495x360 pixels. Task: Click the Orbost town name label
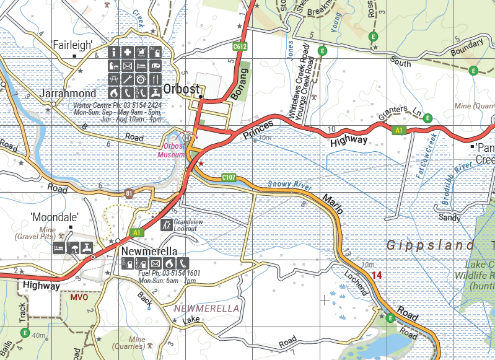pyautogui.click(x=182, y=89)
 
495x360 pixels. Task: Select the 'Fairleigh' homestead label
pyautogui.click(x=72, y=45)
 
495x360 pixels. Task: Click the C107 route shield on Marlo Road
pyautogui.click(x=229, y=178)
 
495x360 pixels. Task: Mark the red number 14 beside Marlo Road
pyautogui.click(x=376, y=274)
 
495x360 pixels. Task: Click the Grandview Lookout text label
pyautogui.click(x=185, y=225)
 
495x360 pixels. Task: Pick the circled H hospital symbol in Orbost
pyautogui.click(x=186, y=138)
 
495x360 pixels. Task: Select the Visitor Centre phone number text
pyautogui.click(x=118, y=106)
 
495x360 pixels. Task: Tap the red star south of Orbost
pyautogui.click(x=200, y=163)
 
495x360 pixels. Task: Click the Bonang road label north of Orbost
pyautogui.click(x=239, y=84)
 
